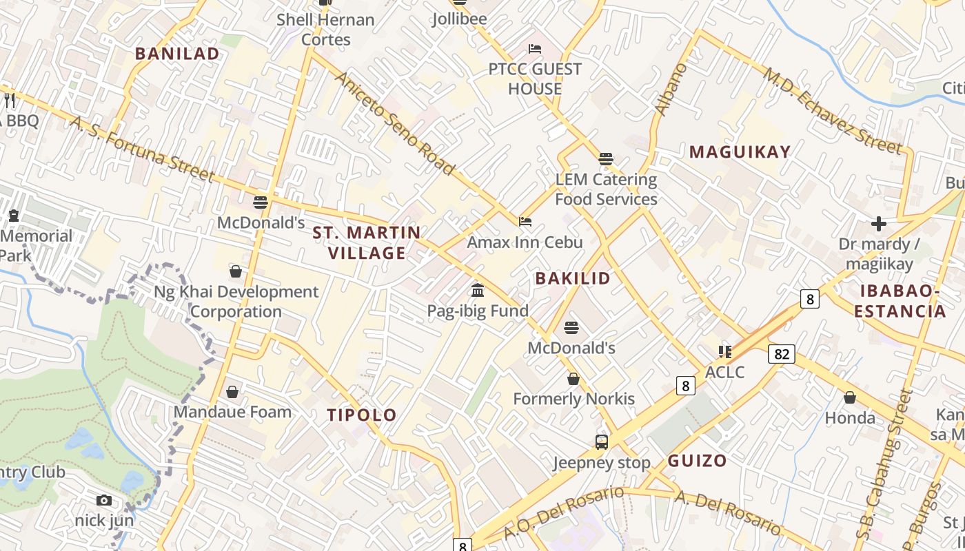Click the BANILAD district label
tap(177, 54)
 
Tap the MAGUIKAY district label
tap(740, 152)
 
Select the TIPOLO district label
tap(362, 415)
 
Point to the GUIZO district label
tap(697, 461)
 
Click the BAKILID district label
tap(573, 278)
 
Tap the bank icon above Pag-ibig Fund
tap(478, 290)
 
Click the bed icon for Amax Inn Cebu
tap(525, 222)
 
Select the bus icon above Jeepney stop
tap(602, 441)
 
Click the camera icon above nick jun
tap(104, 500)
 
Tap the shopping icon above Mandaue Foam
tap(232, 392)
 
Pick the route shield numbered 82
tap(782, 354)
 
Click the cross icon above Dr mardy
tap(879, 224)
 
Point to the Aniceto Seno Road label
tap(395, 123)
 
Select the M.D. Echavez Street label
tap(832, 111)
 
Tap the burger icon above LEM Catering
tap(606, 159)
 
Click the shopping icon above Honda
tap(850, 397)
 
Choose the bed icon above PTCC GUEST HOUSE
tap(535, 49)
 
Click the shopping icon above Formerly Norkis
tap(573, 379)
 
